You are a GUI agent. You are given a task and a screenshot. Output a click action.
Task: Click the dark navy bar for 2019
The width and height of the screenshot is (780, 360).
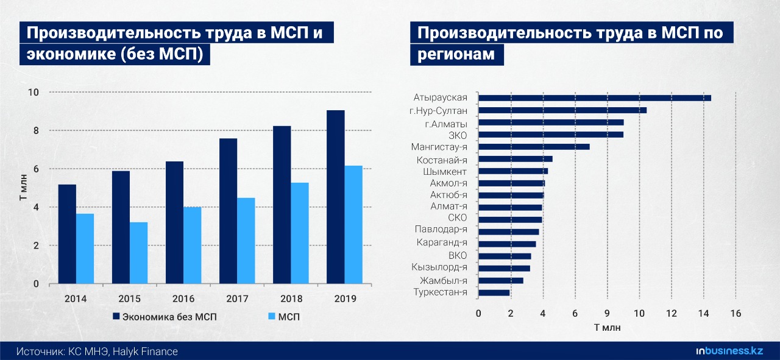coord(336,197)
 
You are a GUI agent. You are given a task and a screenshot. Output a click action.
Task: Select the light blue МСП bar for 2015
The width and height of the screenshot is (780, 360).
coord(138,253)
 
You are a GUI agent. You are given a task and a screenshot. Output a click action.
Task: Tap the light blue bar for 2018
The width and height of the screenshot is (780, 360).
coord(300,233)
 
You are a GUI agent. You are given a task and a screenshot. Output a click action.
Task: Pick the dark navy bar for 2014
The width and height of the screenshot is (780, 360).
coord(67,234)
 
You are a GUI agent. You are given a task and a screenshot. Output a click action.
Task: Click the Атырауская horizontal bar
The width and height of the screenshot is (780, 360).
coord(595,98)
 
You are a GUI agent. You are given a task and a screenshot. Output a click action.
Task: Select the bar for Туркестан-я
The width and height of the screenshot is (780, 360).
coord(494,293)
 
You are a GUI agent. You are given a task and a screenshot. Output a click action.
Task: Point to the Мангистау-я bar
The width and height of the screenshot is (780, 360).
coord(534,147)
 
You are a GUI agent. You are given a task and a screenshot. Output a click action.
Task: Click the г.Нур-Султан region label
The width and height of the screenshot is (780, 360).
coord(438,111)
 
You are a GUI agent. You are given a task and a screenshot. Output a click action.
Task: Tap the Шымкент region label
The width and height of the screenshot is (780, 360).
coord(445,172)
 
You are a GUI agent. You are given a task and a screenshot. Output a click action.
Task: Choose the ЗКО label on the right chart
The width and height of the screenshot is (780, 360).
coord(458,135)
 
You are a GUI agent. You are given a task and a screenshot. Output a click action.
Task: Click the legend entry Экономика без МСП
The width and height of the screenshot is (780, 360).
coord(165,317)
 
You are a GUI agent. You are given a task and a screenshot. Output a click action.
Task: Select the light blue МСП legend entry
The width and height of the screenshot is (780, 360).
coord(284,317)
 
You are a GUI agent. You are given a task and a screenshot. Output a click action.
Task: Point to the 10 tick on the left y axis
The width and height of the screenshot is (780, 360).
coord(34,93)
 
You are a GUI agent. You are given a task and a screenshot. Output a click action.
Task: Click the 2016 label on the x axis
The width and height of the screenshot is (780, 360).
coord(183,298)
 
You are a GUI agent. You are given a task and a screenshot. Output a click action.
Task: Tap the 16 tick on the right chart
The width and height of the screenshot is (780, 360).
coord(736,314)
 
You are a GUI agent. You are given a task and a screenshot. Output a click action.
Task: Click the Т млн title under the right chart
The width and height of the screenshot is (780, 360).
coord(608,328)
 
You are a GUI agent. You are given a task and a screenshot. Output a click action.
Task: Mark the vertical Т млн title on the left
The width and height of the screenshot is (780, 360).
coord(23,188)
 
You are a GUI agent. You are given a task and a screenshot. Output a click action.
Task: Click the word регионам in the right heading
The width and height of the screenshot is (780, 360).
coord(456,54)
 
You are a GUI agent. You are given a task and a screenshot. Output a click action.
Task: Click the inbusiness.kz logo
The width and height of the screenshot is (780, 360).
coord(729,351)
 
